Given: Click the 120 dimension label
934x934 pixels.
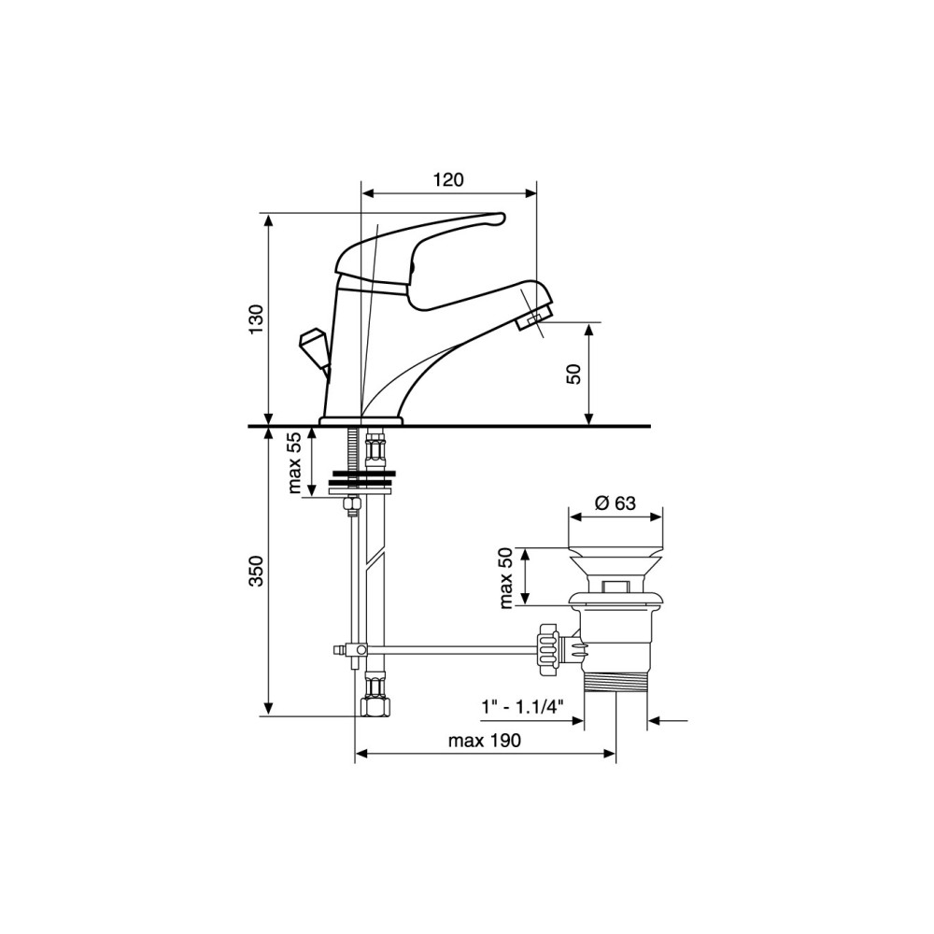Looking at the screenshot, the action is click(449, 179).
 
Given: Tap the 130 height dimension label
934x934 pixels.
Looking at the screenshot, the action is click(256, 319).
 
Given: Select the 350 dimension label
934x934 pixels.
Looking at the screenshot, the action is click(256, 571).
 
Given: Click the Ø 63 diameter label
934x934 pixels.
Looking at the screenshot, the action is click(616, 503).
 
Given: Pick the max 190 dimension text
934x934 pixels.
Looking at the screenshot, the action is click(484, 741).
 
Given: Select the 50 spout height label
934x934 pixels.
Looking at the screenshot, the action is click(573, 374).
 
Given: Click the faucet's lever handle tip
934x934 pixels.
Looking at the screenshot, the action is click(498, 219).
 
